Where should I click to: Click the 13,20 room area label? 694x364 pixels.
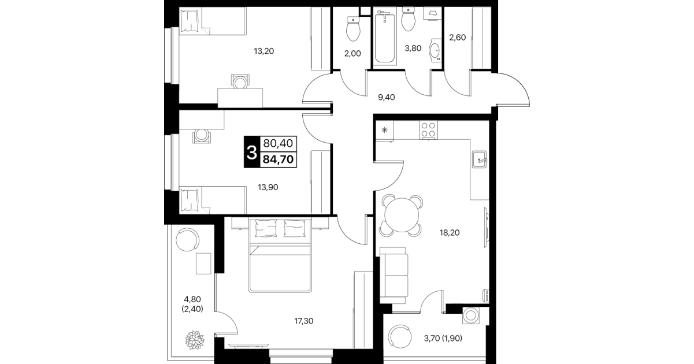pos(264,51)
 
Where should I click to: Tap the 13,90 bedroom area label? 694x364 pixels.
pos(268,187)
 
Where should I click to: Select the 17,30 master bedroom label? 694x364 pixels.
pos(303,321)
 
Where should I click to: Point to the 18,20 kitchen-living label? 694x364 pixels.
pos(450,233)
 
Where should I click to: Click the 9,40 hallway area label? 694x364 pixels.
pos(387,97)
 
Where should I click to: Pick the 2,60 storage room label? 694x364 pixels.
pos(457,38)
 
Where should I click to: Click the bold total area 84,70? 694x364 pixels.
pos(278,159)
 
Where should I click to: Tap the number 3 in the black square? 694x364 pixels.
pos(251,153)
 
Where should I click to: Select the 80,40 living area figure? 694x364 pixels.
pos(278,143)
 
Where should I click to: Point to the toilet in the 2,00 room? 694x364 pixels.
pos(353,29)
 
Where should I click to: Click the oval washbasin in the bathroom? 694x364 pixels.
pos(435,50)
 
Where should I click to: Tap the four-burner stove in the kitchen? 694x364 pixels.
pos(429,130)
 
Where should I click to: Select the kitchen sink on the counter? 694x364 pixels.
pos(479,159)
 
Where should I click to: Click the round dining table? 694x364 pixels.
pos(402,215)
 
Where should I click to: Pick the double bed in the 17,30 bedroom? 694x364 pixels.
pos(280,255)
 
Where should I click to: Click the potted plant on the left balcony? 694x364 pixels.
pos(195,340)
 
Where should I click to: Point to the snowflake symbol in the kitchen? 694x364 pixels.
pos(385,130)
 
